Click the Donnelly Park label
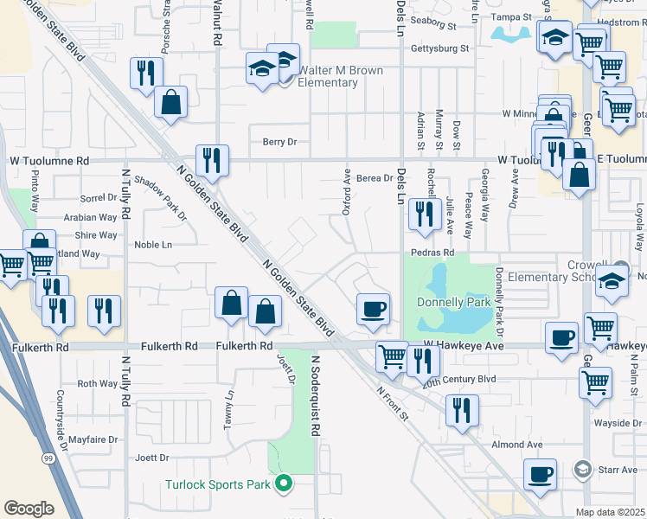click(x=453, y=303)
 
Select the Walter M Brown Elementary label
click(x=317, y=76)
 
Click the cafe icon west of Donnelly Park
click(x=373, y=310)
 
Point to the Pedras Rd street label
click(x=432, y=253)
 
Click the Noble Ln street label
click(x=153, y=245)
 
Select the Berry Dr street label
click(x=279, y=142)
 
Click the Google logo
click(x=29, y=508)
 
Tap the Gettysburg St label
click(x=439, y=49)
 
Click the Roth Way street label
click(x=97, y=383)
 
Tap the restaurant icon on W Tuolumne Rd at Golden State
click(x=211, y=160)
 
